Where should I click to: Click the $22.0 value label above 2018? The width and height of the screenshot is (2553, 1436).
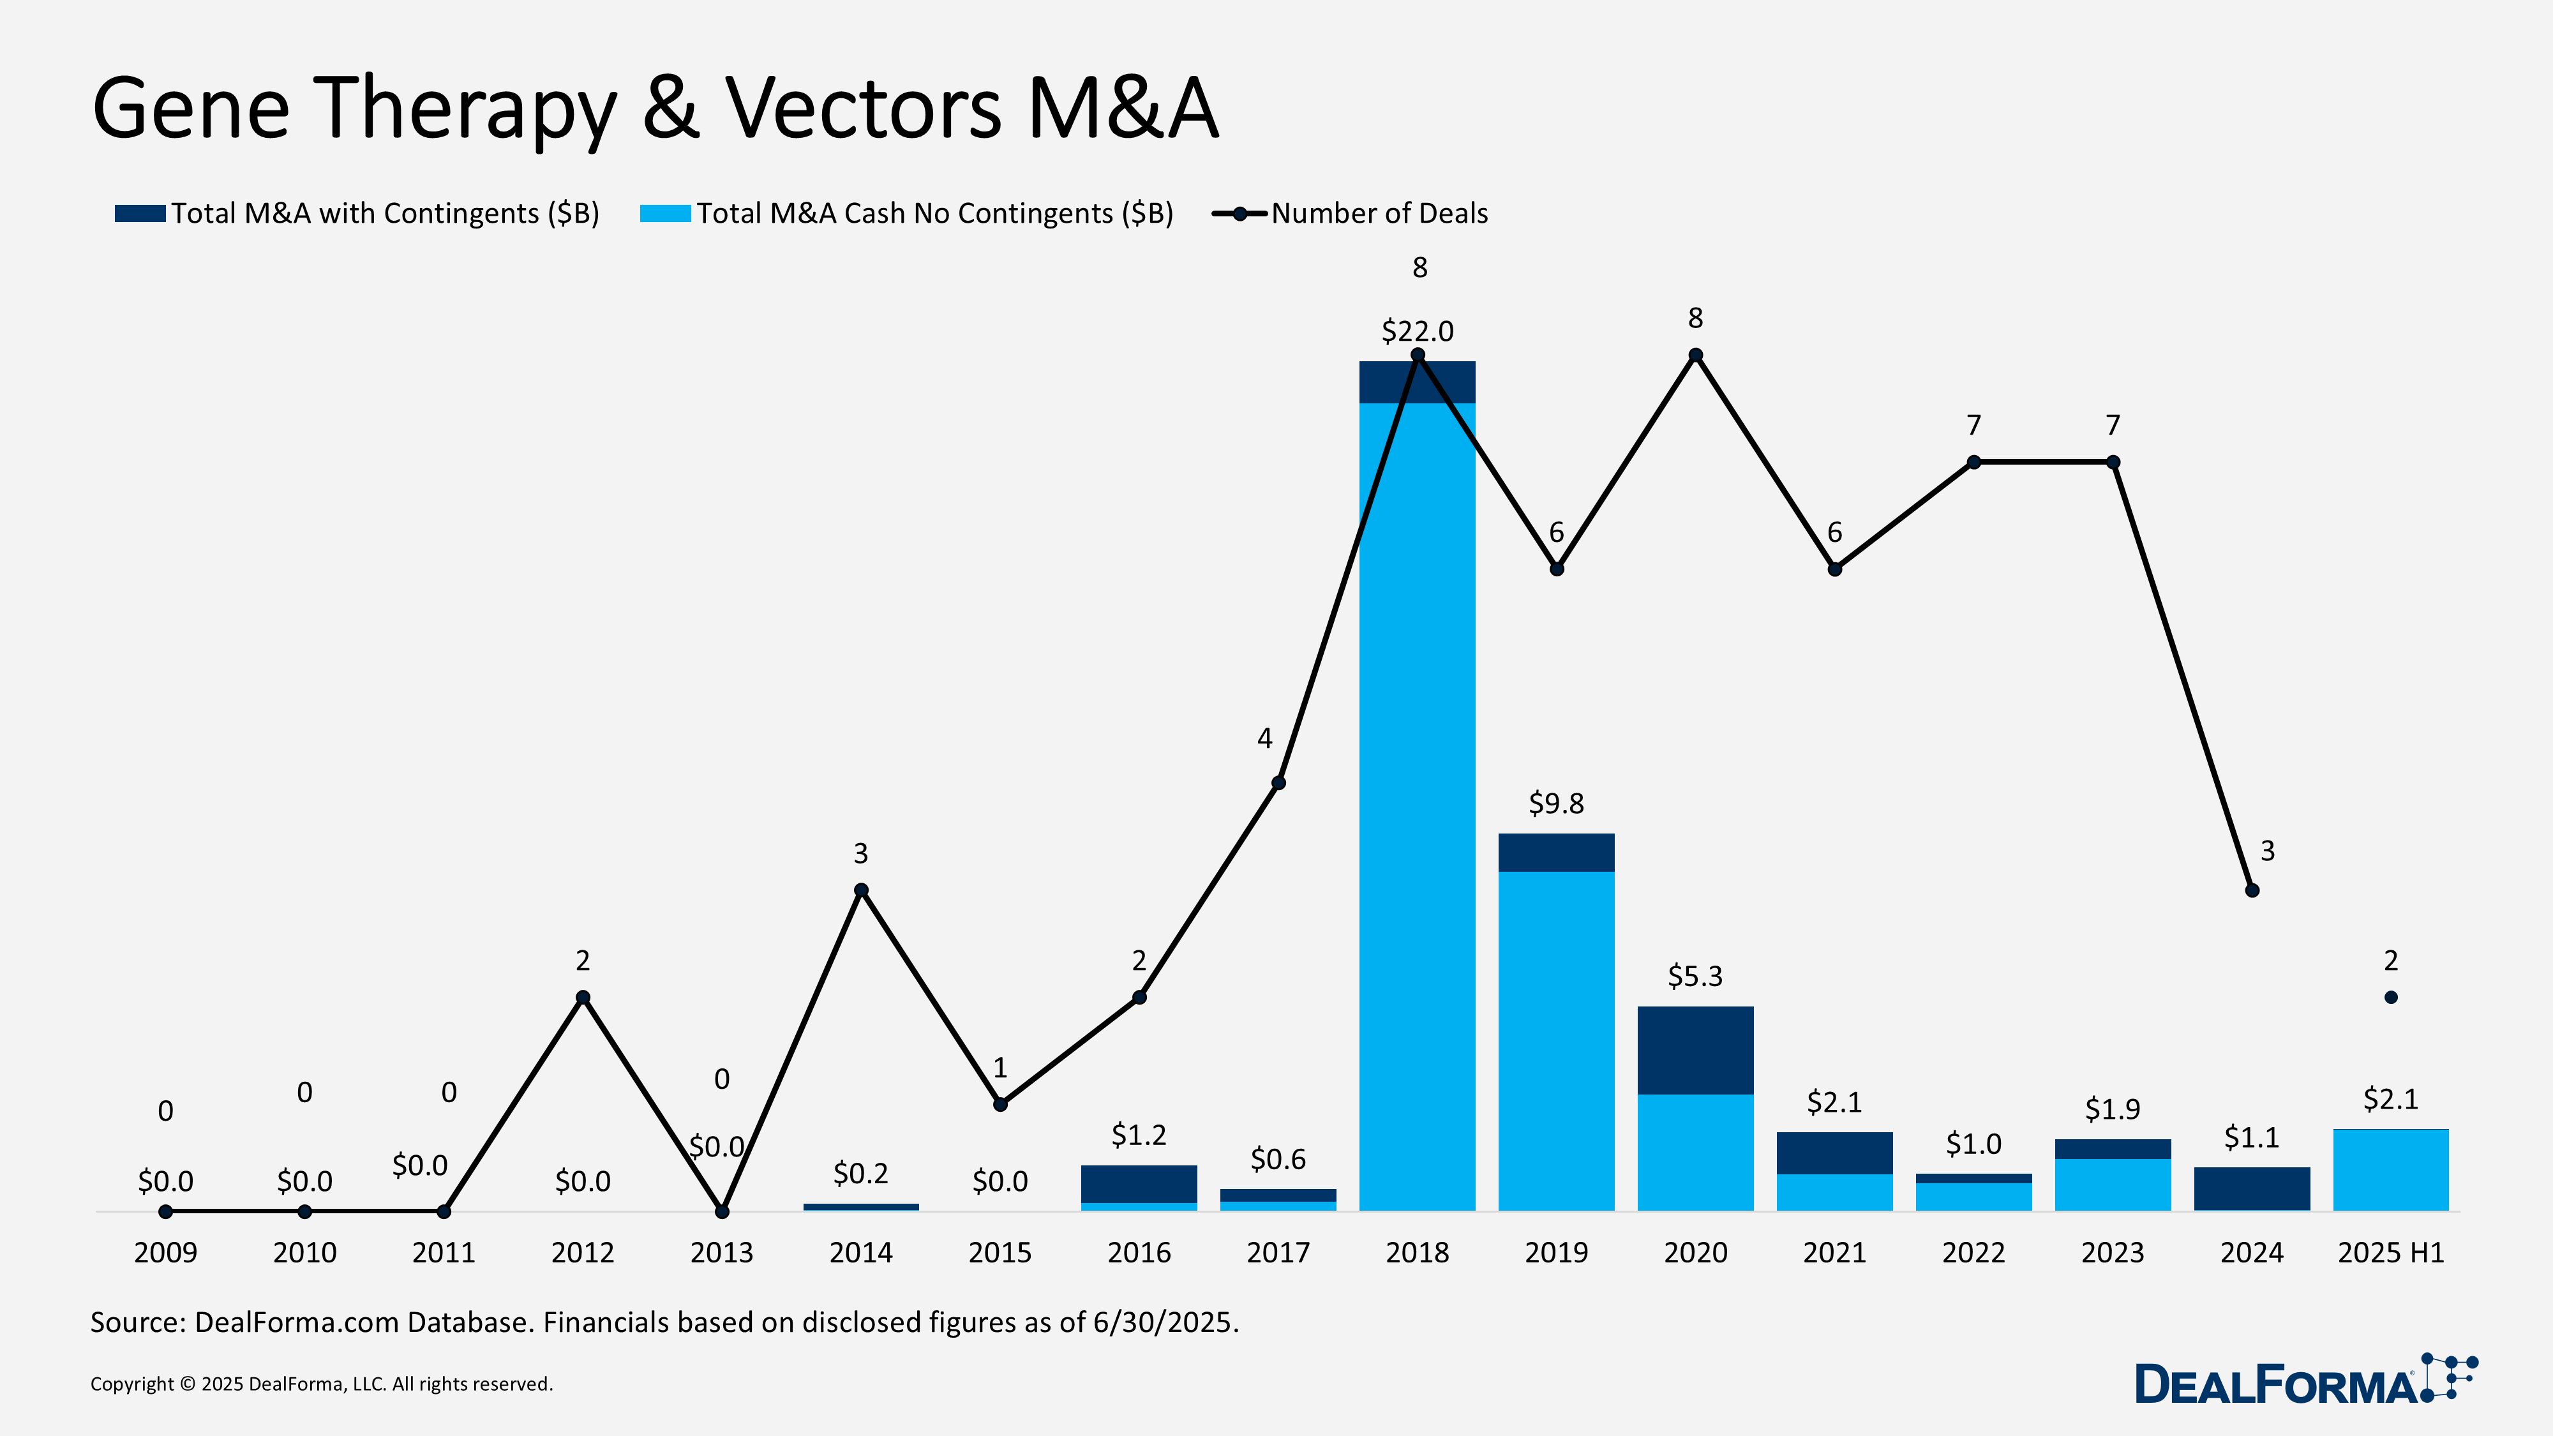coord(1417,331)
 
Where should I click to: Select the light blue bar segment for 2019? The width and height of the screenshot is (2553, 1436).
coord(1556,1040)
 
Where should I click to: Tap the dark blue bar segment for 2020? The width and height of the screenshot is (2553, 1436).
coord(1695,1051)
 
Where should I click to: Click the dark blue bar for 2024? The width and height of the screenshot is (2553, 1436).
coord(2252,1189)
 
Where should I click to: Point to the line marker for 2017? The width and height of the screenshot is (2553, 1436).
coord(1278,783)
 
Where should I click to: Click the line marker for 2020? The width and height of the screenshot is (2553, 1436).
coord(1696,355)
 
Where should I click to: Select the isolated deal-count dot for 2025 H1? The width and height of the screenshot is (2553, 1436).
coord(2390,997)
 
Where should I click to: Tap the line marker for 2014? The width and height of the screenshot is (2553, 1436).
coord(861,890)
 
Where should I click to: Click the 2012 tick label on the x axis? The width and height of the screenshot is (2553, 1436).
coord(583,1253)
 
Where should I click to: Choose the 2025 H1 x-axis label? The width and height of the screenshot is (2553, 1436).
coord(2390,1253)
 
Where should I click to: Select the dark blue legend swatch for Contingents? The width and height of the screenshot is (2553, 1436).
coord(140,213)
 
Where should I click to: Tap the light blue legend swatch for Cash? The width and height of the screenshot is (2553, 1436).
coord(665,213)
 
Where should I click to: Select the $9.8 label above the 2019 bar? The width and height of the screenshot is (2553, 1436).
coord(1556,803)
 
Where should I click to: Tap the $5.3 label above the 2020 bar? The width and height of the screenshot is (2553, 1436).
coord(1695,976)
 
